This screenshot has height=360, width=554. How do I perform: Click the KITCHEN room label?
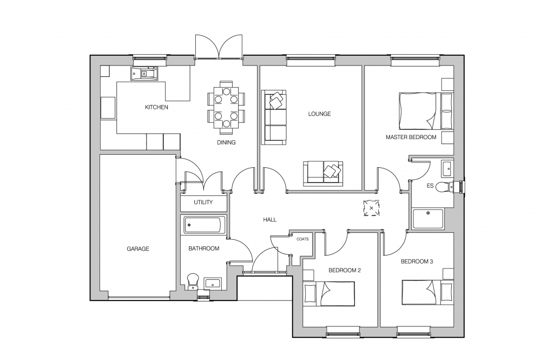(x=156, y=107)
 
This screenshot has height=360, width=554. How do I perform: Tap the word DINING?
(x=226, y=142)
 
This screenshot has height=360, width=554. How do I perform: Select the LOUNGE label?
(x=319, y=114)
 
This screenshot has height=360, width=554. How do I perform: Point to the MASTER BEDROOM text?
(x=411, y=137)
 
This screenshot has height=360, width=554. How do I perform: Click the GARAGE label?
(x=138, y=249)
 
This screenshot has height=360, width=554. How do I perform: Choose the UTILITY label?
(x=203, y=202)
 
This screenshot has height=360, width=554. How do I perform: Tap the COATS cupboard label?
(x=302, y=239)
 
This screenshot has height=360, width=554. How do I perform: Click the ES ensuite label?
(x=430, y=186)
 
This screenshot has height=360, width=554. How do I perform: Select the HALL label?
(x=269, y=220)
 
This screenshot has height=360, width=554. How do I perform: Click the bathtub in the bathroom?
(x=204, y=225)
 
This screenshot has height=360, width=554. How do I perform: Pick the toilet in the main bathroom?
(x=193, y=281)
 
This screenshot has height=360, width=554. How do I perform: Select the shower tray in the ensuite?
(x=428, y=219)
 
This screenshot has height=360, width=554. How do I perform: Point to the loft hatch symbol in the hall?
(x=371, y=208)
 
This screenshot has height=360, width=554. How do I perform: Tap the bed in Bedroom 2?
(x=329, y=293)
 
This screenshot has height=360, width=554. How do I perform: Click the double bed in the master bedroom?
(x=426, y=111)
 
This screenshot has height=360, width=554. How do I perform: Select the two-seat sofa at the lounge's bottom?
(x=323, y=173)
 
